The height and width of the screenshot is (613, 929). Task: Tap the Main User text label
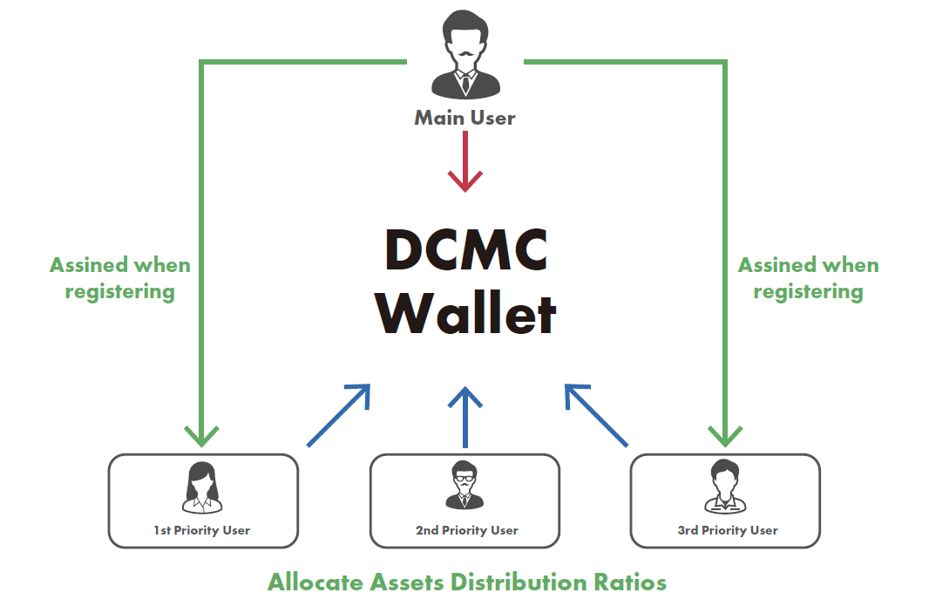pyautogui.click(x=464, y=117)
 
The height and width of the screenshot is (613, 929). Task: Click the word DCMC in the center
pyautogui.click(x=466, y=251)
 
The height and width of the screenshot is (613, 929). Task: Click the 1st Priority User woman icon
pyautogui.click(x=203, y=487)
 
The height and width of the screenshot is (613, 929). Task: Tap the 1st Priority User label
pyautogui.click(x=203, y=529)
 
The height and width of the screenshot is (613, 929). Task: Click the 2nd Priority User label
pyautogui.click(x=466, y=529)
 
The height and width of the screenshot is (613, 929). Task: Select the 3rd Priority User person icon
pyautogui.click(x=725, y=486)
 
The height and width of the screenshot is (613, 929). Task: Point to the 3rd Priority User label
pyautogui.click(x=727, y=529)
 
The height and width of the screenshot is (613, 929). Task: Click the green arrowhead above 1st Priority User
pyautogui.click(x=202, y=433)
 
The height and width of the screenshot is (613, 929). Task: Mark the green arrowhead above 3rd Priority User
pyautogui.click(x=725, y=433)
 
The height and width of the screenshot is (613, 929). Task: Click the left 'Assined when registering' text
pyautogui.click(x=119, y=277)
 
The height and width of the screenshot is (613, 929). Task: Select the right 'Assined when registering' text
pyautogui.click(x=808, y=277)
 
